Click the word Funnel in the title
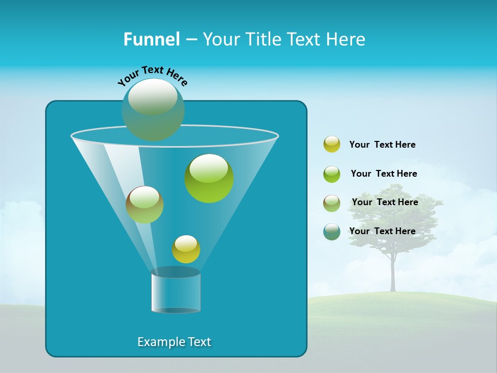152,39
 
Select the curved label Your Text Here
152,75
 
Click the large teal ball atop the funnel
153,109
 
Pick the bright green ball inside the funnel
209,178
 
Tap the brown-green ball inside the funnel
144,205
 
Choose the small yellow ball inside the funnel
186,249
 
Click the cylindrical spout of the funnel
176,291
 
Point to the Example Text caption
174,342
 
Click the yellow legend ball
332,145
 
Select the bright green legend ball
332,174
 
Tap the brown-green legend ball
332,203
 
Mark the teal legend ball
332,232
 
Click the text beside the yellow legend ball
382,145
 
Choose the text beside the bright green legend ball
384,174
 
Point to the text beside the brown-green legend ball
385,202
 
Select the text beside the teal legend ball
382,231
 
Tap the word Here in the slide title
347,39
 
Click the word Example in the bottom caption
160,342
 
